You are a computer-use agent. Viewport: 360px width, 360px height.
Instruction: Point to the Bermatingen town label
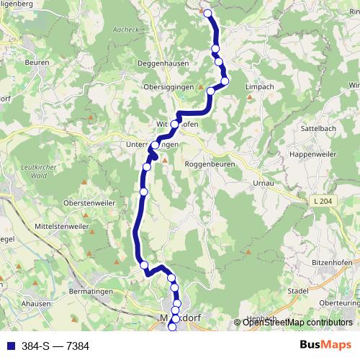point(91,295)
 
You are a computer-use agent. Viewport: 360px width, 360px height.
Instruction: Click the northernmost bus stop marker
point(208,13)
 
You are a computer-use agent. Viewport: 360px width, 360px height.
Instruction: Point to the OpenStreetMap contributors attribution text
point(297,323)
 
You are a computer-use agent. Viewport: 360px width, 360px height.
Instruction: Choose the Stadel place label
point(297,290)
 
